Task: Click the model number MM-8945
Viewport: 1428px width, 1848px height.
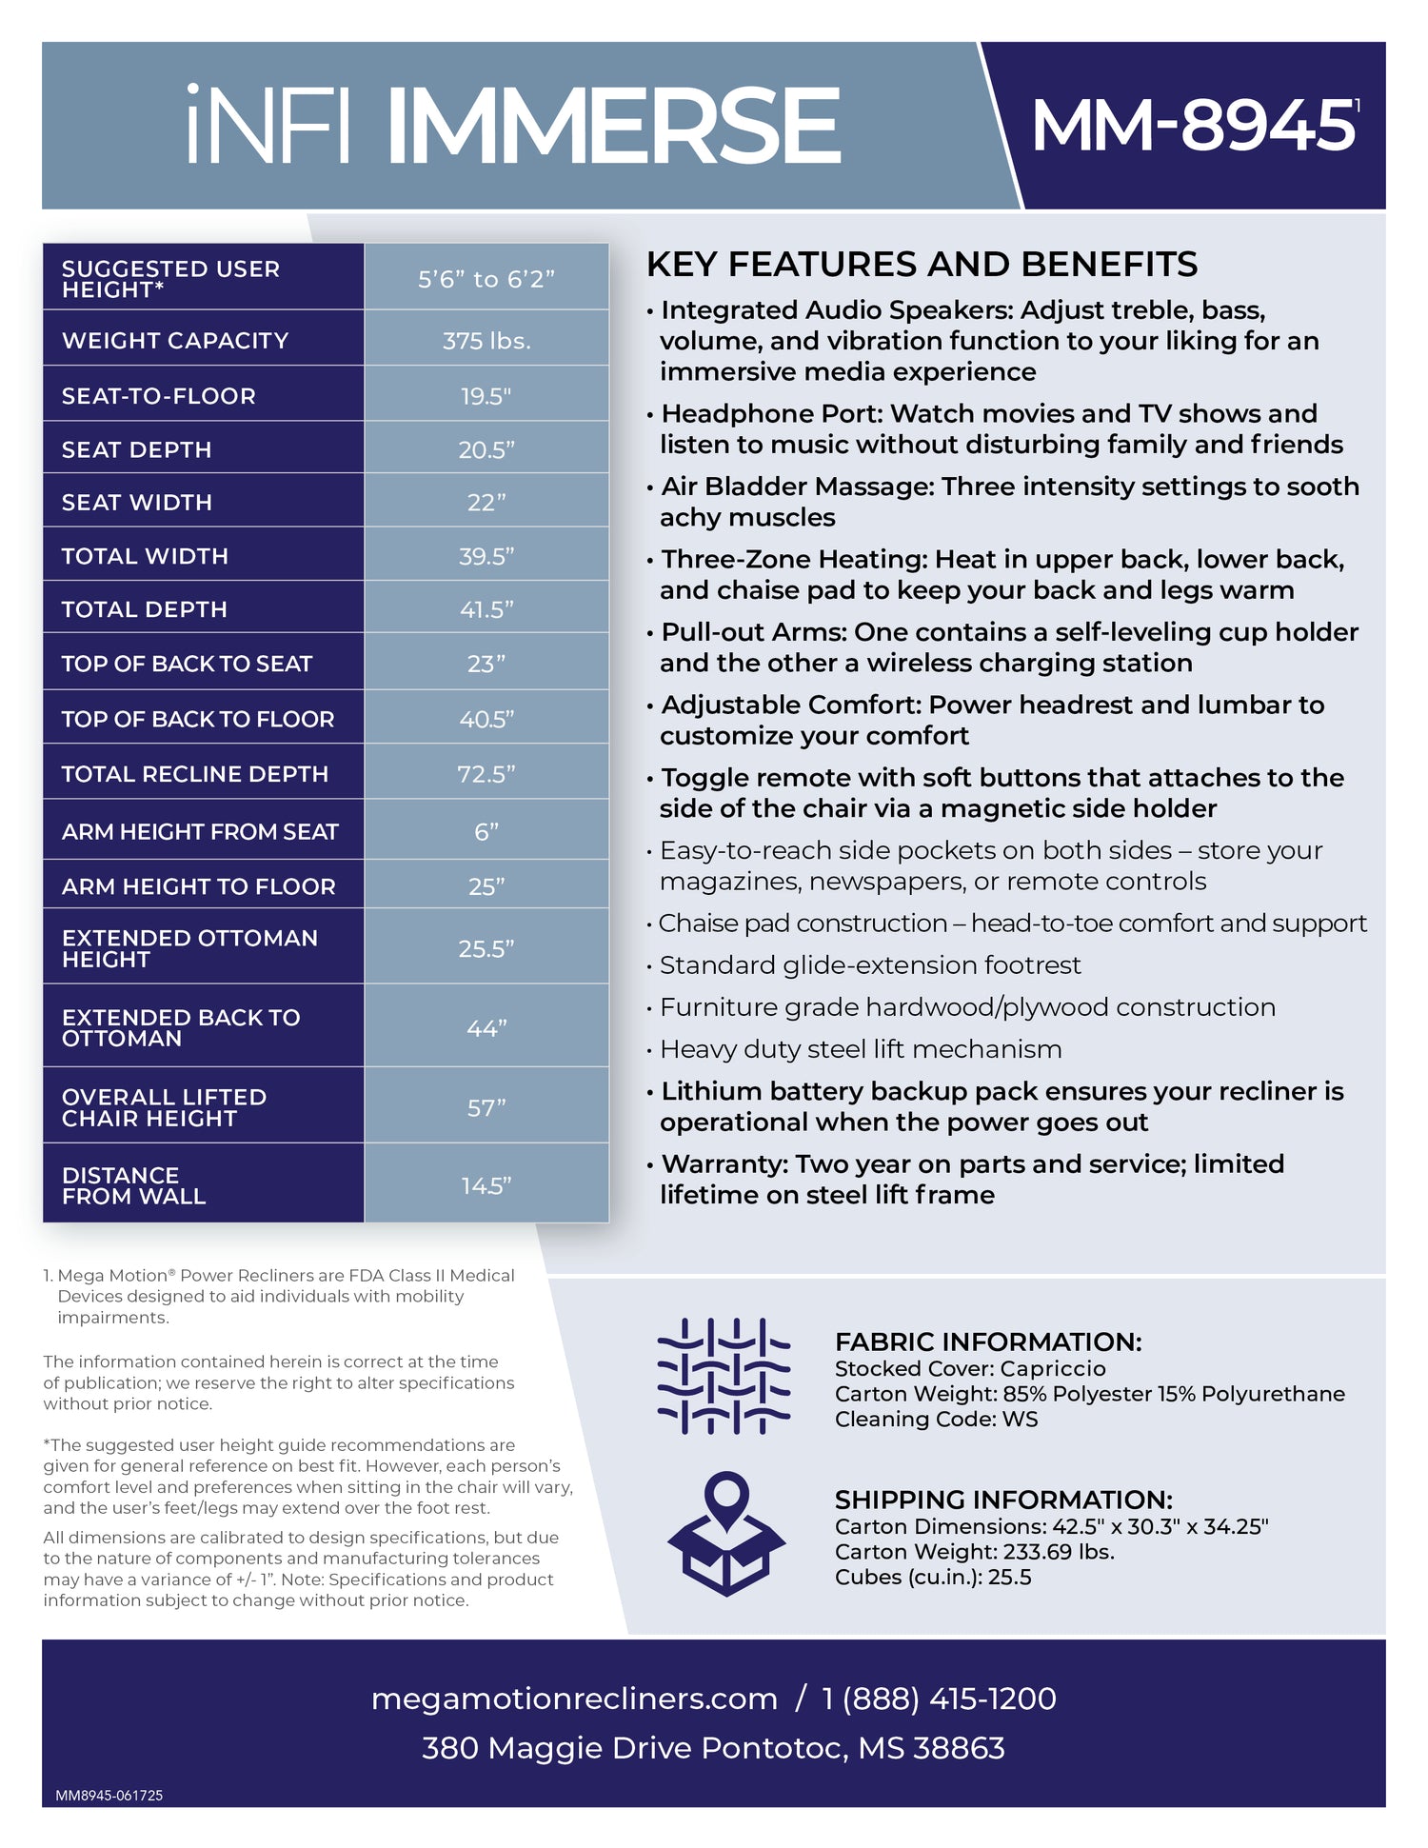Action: point(1193,126)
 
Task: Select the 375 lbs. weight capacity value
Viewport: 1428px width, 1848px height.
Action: point(486,341)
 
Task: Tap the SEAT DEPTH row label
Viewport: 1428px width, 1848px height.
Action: point(137,449)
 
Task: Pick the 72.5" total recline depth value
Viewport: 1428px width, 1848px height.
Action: point(486,774)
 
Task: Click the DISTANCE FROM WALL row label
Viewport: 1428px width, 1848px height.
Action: point(133,1185)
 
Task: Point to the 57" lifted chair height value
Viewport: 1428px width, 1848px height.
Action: point(486,1108)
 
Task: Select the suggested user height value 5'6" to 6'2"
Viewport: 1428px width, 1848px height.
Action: point(486,279)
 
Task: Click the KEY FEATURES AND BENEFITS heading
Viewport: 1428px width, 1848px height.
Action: point(922,264)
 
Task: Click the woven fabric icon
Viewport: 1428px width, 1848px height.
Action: point(724,1377)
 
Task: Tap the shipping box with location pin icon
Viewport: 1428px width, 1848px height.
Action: point(726,1534)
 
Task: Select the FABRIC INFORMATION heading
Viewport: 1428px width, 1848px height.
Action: point(988,1341)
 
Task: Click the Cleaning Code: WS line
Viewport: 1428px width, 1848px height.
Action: point(936,1419)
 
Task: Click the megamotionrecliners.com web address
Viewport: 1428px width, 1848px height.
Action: point(574,1699)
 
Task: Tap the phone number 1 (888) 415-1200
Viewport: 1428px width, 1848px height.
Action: point(939,1699)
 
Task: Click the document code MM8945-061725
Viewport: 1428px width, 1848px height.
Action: point(109,1796)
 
